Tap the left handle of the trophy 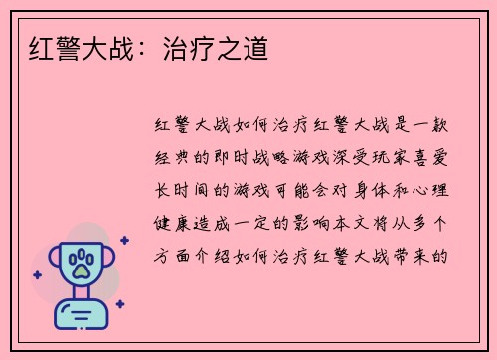[50, 262]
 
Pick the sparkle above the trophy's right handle [123, 240]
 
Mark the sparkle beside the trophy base [119, 303]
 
